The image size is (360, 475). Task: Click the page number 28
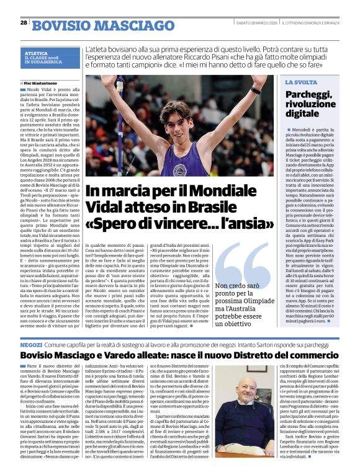pos(24,23)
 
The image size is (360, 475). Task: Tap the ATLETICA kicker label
pos(37,53)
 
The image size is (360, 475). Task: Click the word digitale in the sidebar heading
pos(305,113)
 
